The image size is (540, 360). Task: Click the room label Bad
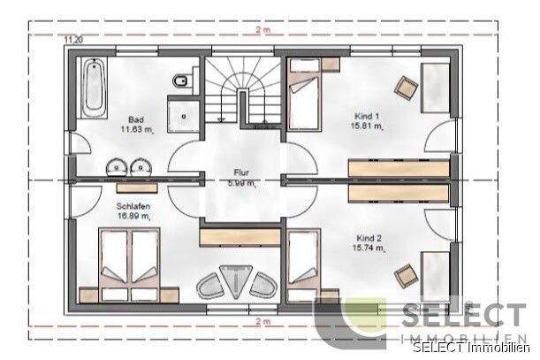pyautogui.click(x=136, y=119)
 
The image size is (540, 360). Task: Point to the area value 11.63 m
pyautogui.click(x=137, y=129)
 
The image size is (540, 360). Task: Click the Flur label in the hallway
pyautogui.click(x=240, y=174)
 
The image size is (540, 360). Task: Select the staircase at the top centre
pyautogui.click(x=242, y=92)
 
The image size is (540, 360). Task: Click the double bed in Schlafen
pyautogui.click(x=129, y=263)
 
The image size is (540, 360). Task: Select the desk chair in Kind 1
pyautogui.click(x=407, y=85)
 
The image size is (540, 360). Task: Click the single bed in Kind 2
pyautogui.click(x=303, y=261)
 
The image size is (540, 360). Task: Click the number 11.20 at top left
pyautogui.click(x=72, y=40)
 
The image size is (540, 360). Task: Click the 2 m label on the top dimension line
pyautogui.click(x=262, y=30)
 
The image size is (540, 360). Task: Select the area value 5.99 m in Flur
pyautogui.click(x=240, y=184)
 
